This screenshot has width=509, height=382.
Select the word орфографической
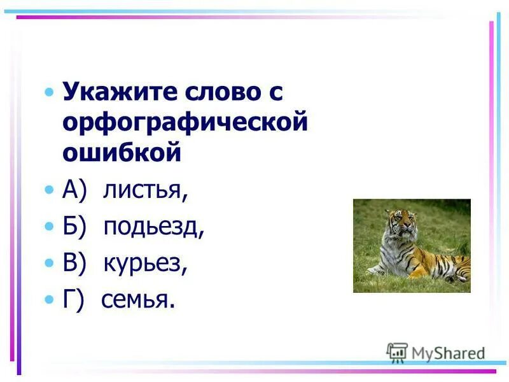tap(185, 122)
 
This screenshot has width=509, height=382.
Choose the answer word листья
tap(145, 190)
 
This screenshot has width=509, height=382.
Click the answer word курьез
tap(145, 262)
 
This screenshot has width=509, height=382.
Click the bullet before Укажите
tap(50, 93)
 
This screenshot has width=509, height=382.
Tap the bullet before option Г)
tap(50, 299)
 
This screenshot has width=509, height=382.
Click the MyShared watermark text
tap(448, 353)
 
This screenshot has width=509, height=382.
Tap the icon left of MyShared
tap(397, 352)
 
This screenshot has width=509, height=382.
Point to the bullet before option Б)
tap(50, 227)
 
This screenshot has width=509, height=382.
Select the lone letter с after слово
tap(270, 92)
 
